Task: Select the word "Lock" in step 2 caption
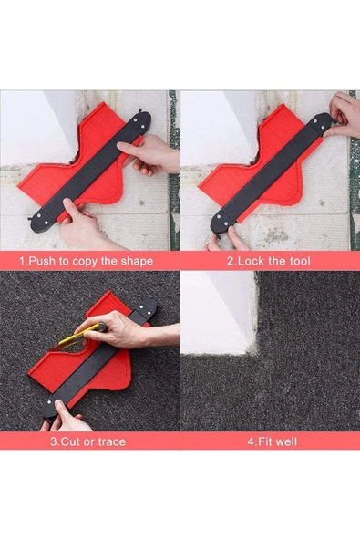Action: click(250, 261)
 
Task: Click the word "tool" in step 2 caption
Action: click(300, 261)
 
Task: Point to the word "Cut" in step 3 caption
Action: click(70, 441)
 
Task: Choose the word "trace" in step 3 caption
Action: click(112, 441)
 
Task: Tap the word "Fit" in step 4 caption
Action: click(262, 441)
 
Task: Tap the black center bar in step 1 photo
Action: click(90, 171)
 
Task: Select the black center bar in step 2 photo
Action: click(271, 173)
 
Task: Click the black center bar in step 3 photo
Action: click(100, 360)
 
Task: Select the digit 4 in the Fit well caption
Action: click(251, 441)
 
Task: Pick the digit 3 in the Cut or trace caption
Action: click(54, 441)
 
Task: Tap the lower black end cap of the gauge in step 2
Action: click(222, 223)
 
